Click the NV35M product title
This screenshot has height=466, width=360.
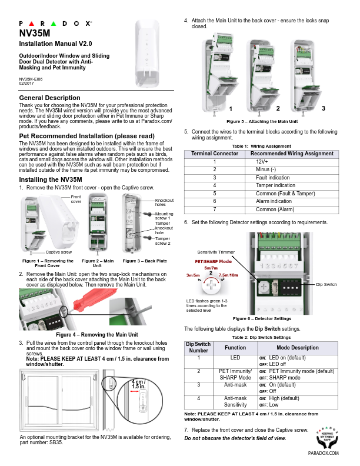coord(35,34)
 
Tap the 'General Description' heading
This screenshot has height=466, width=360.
coord(50,98)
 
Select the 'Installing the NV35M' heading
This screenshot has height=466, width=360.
coord(51,179)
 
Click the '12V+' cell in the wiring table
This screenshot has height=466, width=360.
coord(262,161)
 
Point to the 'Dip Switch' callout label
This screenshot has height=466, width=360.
coord(328,284)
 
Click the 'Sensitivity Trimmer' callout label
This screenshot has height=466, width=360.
coord(216,252)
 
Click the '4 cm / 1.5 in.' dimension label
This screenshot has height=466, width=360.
coord(139,385)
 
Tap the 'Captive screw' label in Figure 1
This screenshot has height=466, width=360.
coord(59,252)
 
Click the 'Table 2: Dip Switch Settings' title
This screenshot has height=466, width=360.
coord(262,337)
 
